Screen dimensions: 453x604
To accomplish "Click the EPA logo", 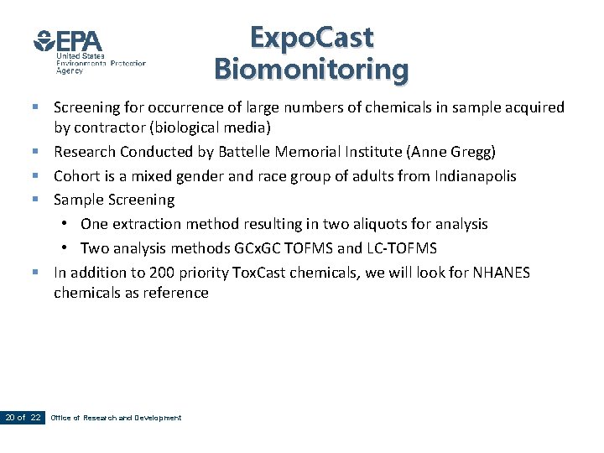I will point(68,42).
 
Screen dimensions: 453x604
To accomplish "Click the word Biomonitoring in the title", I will point(311,69).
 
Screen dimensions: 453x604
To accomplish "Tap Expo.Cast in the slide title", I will point(311,38).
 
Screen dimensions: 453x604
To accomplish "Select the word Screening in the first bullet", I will point(87,107).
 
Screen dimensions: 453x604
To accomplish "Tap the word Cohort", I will point(77,176).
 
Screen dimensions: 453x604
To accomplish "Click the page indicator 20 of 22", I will point(23,418).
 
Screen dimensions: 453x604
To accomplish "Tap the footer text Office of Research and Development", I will point(116,418).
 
